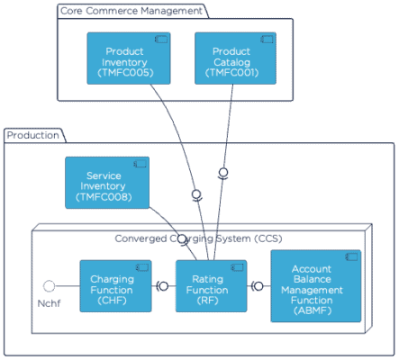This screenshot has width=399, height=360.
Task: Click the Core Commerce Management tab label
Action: click(131, 12)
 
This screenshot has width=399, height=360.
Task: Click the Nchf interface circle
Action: click(50, 285)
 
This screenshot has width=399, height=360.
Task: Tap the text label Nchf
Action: click(50, 303)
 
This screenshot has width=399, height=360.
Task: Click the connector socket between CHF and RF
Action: click(163, 286)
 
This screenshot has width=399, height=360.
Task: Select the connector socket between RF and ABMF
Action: click(258, 286)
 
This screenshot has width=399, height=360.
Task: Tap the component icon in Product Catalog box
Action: click(267, 40)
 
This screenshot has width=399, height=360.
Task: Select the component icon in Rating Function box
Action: click(238, 267)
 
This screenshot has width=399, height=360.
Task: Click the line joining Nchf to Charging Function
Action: click(68, 285)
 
